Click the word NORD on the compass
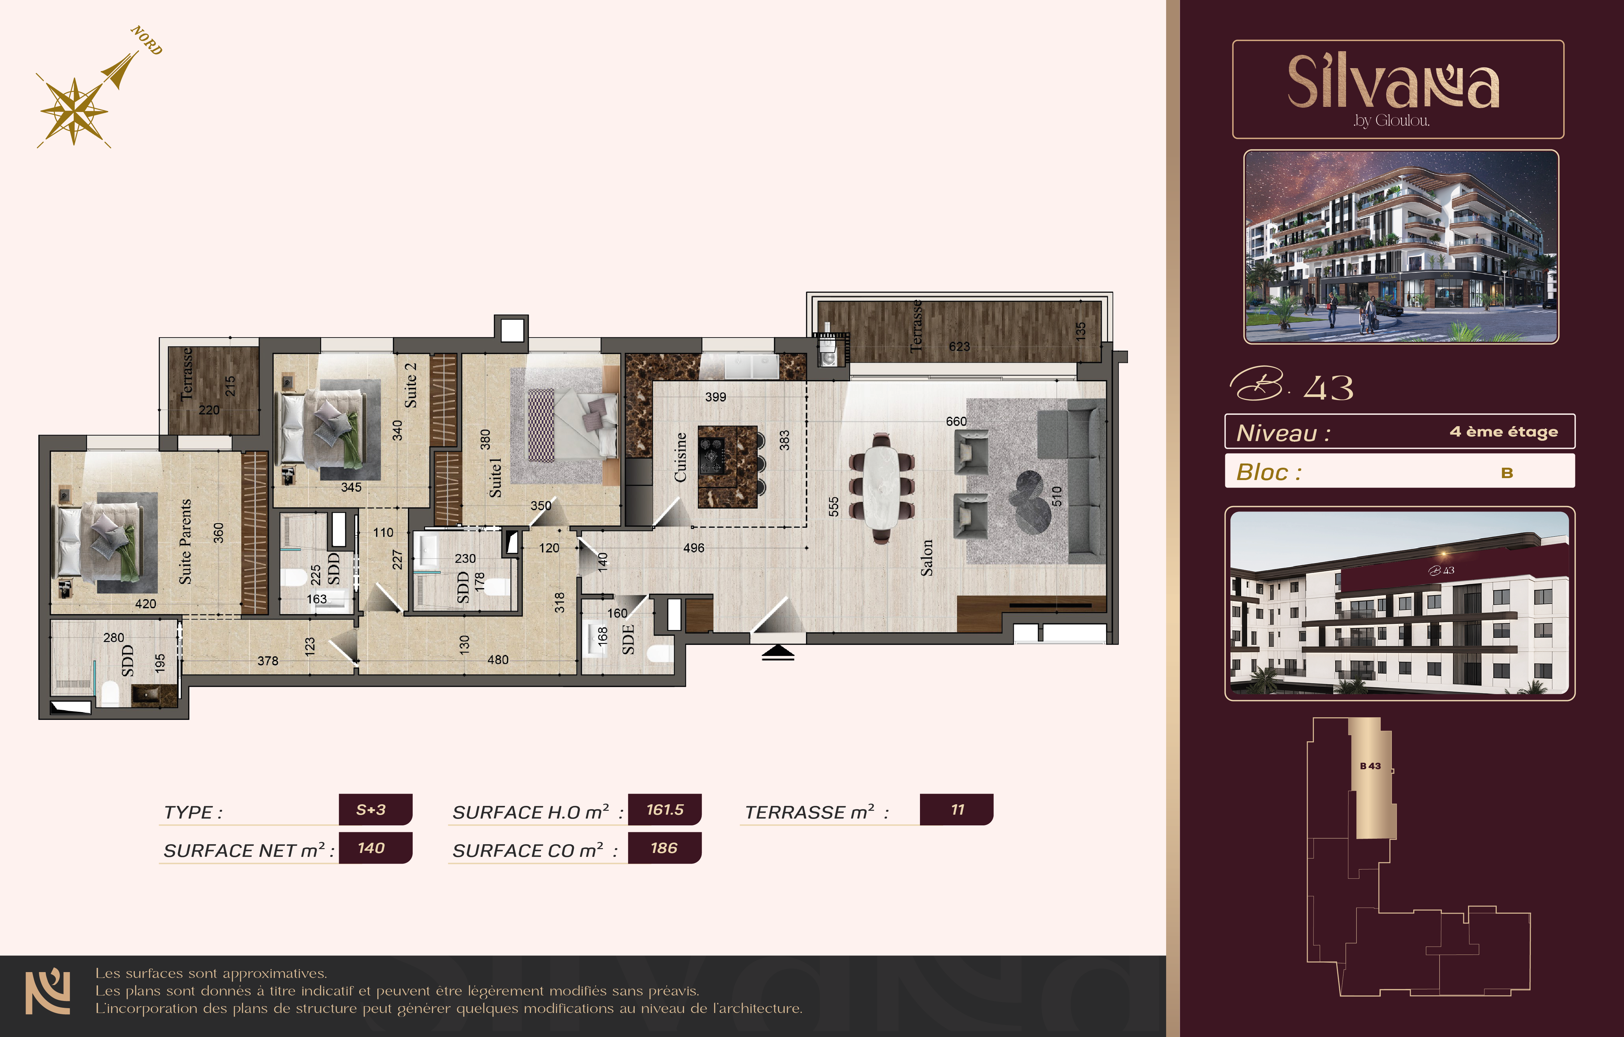tap(146, 41)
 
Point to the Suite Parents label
tap(185, 541)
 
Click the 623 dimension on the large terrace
tap(959, 347)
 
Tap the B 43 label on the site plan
tap(1370, 766)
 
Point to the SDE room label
tap(628, 639)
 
